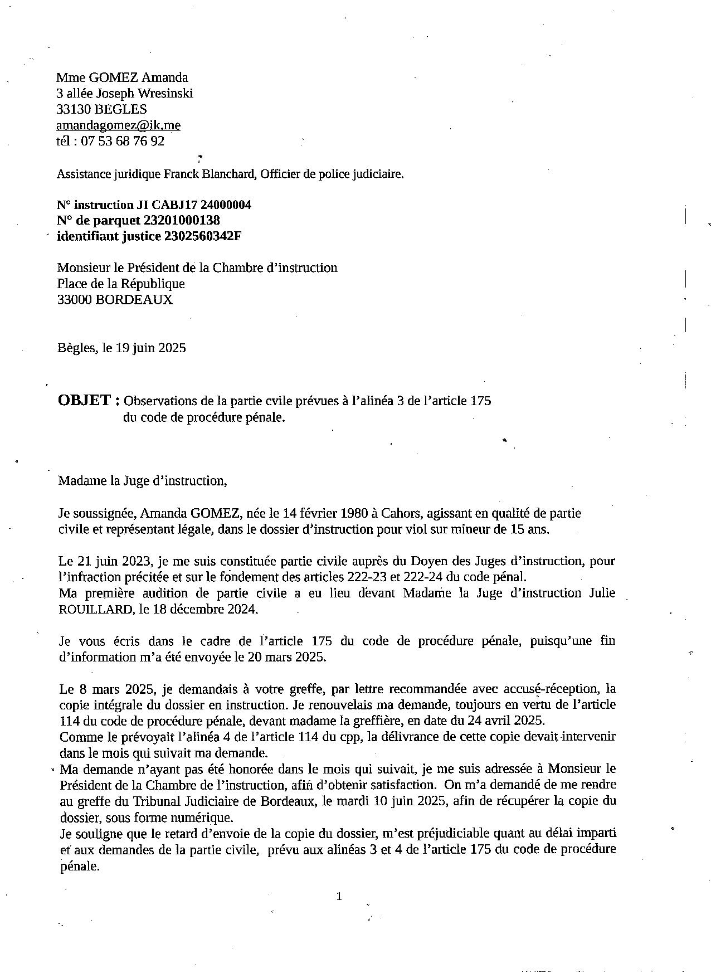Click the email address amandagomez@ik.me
click(118, 125)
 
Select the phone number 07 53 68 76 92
click(123, 141)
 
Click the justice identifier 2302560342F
click(203, 236)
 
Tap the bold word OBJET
click(85, 400)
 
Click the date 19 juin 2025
click(150, 348)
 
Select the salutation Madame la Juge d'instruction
click(143, 480)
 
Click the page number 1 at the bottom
click(339, 896)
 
